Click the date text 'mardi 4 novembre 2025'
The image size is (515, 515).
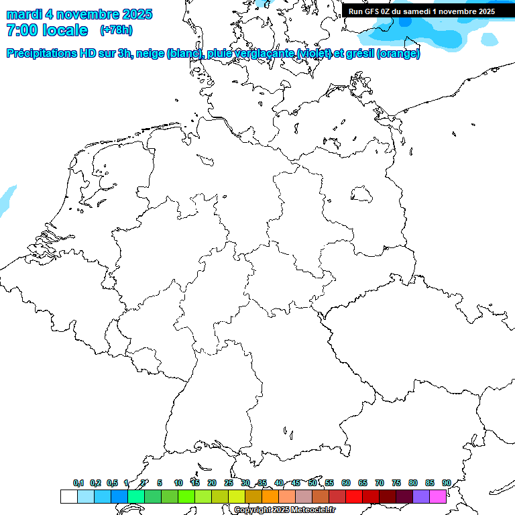pyautogui.click(x=79, y=14)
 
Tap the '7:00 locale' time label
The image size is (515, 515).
pyautogui.click(x=47, y=30)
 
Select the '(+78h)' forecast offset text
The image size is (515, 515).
pyautogui.click(x=116, y=30)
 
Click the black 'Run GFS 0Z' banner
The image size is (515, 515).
pyautogui.click(x=422, y=11)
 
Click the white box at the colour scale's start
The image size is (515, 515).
pyautogui.click(x=68, y=496)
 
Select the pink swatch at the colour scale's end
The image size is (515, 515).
pyautogui.click(x=438, y=496)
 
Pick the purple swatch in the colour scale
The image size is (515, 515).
pyautogui.click(x=421, y=496)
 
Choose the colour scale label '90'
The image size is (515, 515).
pyautogui.click(x=446, y=483)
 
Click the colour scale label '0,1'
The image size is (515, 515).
pyautogui.click(x=78, y=483)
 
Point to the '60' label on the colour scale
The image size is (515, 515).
pyautogui.click(x=346, y=483)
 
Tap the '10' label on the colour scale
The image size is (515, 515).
pyautogui.click(x=178, y=483)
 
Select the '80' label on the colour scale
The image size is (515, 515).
pyautogui.click(x=413, y=483)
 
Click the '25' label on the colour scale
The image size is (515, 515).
pyautogui.click(x=229, y=483)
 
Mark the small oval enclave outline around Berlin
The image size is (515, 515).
pyautogui.click(x=362, y=194)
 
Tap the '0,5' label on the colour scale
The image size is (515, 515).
pyautogui.click(x=112, y=483)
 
